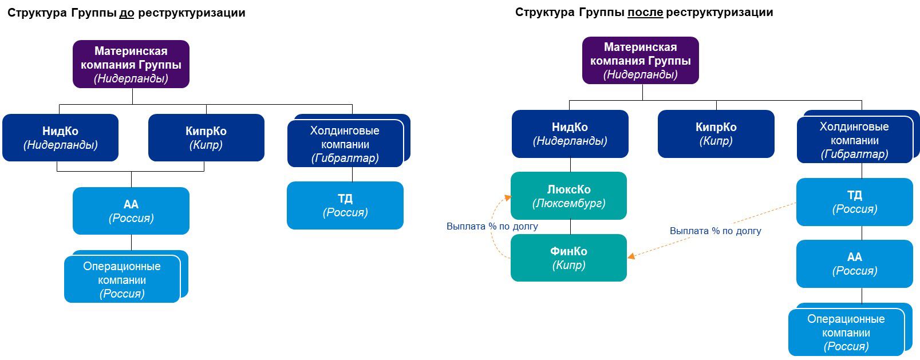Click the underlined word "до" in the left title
pyautogui.click(x=127, y=13)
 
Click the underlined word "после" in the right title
pyautogui.click(x=645, y=12)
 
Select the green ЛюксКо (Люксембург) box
pyautogui.click(x=568, y=196)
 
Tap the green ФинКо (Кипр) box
pyautogui.click(x=568, y=258)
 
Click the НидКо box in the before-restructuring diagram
pyautogui.click(x=60, y=137)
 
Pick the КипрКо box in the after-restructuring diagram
pyautogui.click(x=716, y=134)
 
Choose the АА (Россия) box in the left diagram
pyautogui.click(x=131, y=211)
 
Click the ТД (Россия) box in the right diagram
pyautogui.click(x=854, y=201)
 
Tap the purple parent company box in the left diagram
pyautogui.click(x=131, y=64)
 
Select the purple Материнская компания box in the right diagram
pyautogui.click(x=640, y=60)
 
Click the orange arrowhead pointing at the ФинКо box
pyautogui.click(x=631, y=256)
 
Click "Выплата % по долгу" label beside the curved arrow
pyautogui.click(x=492, y=226)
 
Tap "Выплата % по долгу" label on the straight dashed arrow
pyautogui.click(x=715, y=231)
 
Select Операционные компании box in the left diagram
pyautogui.click(x=121, y=279)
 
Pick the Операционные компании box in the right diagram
pyautogui.click(x=846, y=333)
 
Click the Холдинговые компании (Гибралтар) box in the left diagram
pyautogui.click(x=345, y=144)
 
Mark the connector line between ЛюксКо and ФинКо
pyautogui.click(x=570, y=227)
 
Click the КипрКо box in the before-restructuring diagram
pyautogui.click(x=206, y=137)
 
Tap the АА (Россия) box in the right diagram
pyautogui.click(x=854, y=263)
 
